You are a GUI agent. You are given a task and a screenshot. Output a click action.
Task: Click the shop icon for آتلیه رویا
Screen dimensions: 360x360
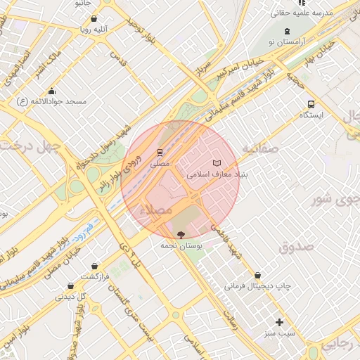(x=94, y=20)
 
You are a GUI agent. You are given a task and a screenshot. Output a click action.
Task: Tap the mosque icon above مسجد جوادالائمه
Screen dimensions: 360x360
(x=52, y=91)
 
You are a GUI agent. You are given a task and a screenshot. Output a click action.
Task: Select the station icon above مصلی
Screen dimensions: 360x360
(x=160, y=152)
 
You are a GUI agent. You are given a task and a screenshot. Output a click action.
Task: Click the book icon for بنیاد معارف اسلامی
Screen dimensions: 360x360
(x=216, y=163)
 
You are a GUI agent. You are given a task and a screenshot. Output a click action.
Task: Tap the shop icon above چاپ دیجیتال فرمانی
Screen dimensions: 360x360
(x=257, y=275)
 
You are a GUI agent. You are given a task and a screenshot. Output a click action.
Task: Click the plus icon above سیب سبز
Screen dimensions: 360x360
(x=280, y=322)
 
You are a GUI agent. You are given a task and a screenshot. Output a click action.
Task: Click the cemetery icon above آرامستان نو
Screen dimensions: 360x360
(x=287, y=31)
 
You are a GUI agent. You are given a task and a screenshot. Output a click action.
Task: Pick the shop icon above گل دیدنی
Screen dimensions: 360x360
(x=70, y=285)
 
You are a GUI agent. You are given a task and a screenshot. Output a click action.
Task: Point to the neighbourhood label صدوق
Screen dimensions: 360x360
(x=295, y=247)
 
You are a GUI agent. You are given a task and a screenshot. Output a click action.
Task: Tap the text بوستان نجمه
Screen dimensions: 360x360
(x=181, y=246)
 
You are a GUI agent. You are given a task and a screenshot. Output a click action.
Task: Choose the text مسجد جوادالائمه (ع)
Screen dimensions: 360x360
(x=52, y=102)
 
